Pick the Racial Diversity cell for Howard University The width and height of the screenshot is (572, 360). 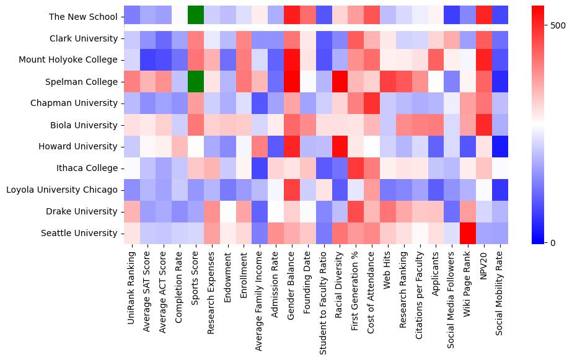pyautogui.click(x=341, y=146)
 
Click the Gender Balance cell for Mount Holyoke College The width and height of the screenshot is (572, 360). pyautogui.click(x=293, y=59)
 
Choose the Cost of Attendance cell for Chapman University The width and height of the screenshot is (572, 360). pyautogui.click(x=373, y=103)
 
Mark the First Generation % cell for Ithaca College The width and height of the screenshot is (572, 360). pyautogui.click(x=357, y=168)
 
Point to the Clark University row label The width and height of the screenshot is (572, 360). pyautogui.click(x=84, y=38)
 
